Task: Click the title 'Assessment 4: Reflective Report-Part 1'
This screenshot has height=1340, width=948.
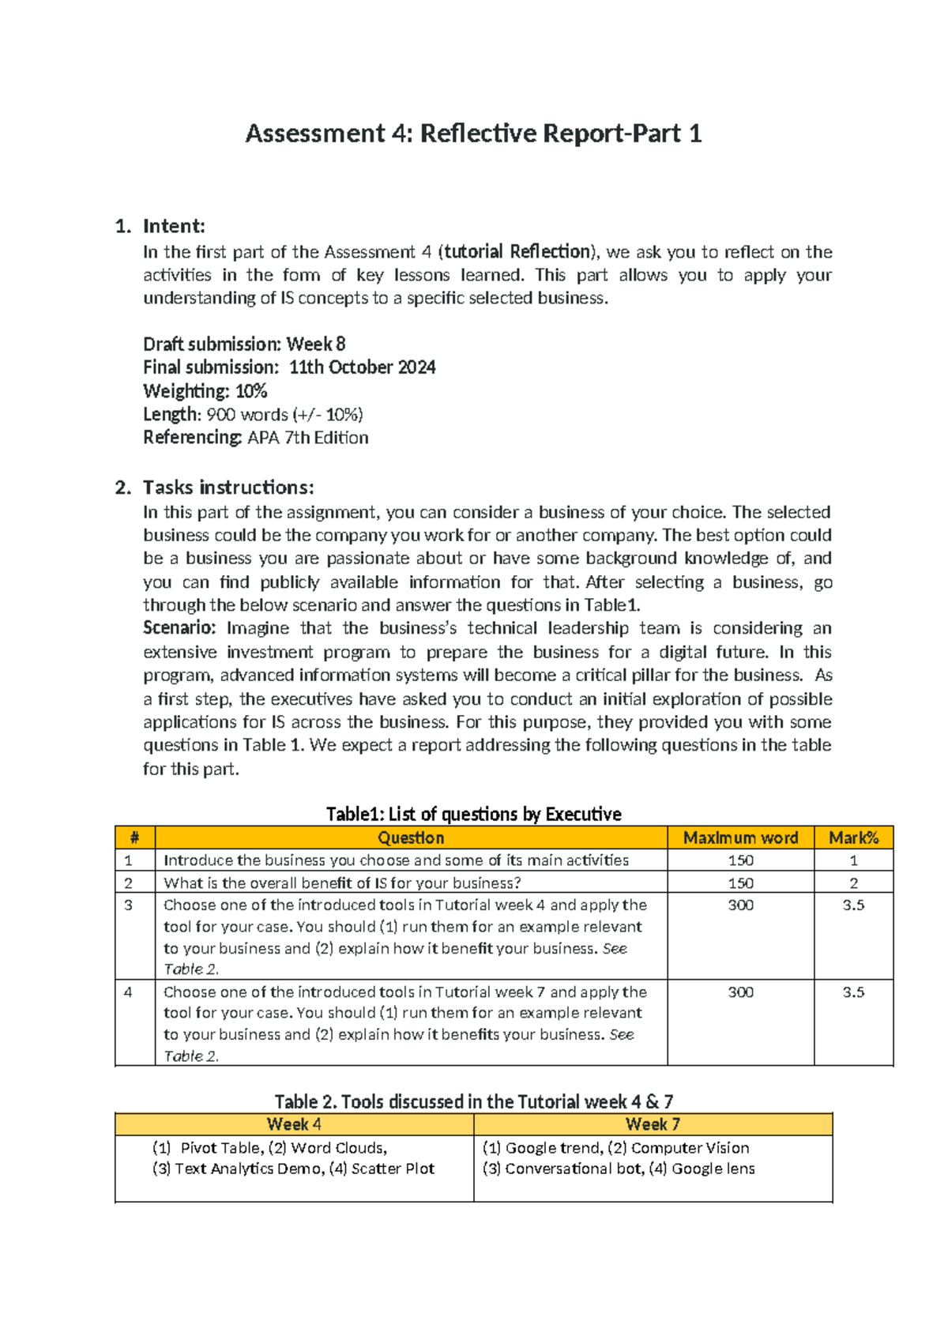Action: click(x=473, y=134)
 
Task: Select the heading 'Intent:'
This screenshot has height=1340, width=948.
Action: click(x=173, y=227)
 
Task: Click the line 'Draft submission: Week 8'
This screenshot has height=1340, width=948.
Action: click(x=244, y=344)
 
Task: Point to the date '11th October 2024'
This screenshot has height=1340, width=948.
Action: click(x=362, y=367)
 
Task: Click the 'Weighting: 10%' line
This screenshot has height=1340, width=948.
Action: click(x=205, y=391)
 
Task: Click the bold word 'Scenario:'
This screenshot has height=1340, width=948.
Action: click(x=179, y=628)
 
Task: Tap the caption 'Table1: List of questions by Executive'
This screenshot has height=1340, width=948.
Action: click(x=473, y=814)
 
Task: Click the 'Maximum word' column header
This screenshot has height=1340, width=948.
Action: click(x=740, y=837)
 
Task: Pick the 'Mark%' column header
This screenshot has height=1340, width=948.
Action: click(x=853, y=837)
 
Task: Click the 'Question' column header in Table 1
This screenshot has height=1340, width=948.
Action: click(x=411, y=837)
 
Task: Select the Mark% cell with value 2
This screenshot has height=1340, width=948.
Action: click(x=853, y=883)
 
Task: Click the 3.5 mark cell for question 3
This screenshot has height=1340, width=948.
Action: click(x=853, y=905)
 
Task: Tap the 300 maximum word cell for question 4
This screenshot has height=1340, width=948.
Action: click(x=740, y=992)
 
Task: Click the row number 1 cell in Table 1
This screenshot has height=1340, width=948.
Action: click(x=129, y=860)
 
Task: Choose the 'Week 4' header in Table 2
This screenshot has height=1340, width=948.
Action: click(x=294, y=1124)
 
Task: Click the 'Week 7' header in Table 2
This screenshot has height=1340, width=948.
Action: click(x=653, y=1124)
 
